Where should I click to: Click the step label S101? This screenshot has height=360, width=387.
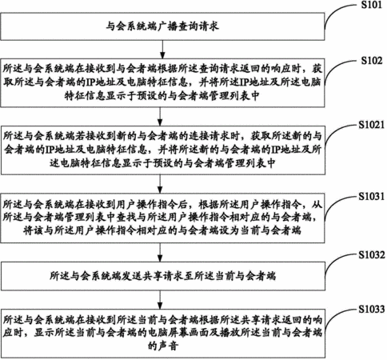click(371, 5)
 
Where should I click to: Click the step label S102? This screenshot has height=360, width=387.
click(372, 61)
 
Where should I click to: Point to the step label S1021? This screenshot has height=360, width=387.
click(372, 125)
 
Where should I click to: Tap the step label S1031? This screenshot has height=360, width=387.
click(372, 197)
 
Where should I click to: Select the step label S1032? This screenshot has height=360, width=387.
click(372, 255)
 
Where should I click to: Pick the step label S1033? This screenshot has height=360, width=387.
click(372, 310)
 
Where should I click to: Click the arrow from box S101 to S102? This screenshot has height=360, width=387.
click(162, 50)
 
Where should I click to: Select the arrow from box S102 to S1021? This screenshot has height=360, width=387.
click(160, 117)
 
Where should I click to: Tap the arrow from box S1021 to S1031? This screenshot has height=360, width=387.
click(160, 184)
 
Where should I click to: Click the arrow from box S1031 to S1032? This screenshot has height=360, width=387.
click(160, 252)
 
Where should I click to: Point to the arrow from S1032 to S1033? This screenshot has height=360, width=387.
click(160, 300)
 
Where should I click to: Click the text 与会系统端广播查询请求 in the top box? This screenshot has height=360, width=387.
click(162, 26)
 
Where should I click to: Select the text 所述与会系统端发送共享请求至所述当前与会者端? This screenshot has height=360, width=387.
click(162, 276)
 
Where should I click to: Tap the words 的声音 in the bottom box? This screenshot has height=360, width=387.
click(163, 346)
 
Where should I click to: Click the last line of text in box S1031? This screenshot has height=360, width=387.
click(162, 230)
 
